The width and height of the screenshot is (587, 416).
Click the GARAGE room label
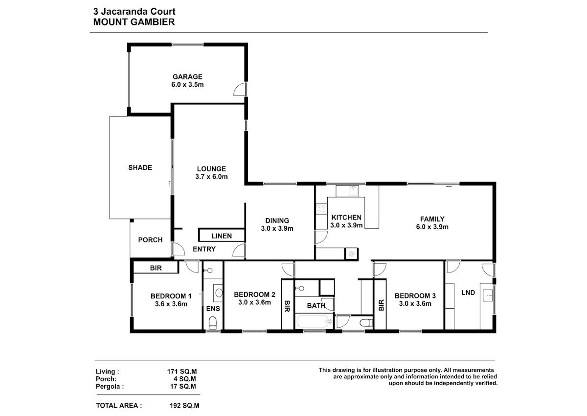coord(187,76)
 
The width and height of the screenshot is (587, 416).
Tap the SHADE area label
coord(140,168)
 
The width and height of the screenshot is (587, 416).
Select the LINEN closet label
coord(222,236)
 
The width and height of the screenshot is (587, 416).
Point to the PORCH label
coord(150,240)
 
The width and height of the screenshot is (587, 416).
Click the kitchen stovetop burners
coord(321,209)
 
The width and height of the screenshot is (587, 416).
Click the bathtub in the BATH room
coord(314,321)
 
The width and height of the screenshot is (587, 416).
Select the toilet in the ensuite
coord(212,323)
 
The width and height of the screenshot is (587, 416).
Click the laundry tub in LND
coord(487,295)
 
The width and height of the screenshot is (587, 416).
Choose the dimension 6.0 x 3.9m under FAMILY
coord(432,227)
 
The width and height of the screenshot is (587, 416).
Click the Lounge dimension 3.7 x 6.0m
coord(211,176)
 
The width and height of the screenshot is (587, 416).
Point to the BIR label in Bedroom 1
coord(156,268)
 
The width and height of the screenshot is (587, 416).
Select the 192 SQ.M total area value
coord(184,406)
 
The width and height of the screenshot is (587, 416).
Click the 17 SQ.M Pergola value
coord(183,386)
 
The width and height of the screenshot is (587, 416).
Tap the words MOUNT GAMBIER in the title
coord(134,22)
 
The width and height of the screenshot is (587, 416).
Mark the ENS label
coord(213,308)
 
